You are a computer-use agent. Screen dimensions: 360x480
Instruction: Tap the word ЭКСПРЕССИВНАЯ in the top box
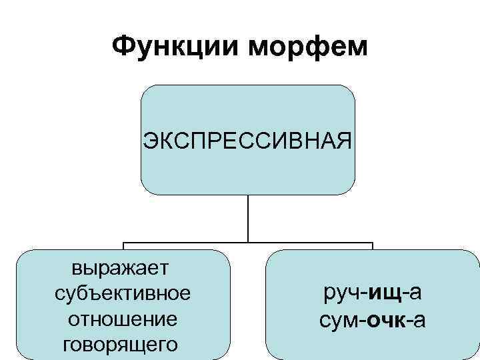click(x=247, y=141)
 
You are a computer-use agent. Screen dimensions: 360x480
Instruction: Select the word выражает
click(x=121, y=269)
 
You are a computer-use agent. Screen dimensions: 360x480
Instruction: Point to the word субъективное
click(x=121, y=294)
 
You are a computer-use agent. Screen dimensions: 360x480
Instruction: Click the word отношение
click(x=121, y=319)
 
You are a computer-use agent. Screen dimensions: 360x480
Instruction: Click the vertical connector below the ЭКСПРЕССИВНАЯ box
click(x=248, y=218)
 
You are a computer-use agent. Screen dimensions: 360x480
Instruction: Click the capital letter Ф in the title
click(x=123, y=46)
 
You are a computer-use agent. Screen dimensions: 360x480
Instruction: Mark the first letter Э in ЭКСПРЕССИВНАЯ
click(x=149, y=141)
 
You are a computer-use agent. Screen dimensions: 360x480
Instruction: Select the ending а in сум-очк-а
click(x=419, y=320)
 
